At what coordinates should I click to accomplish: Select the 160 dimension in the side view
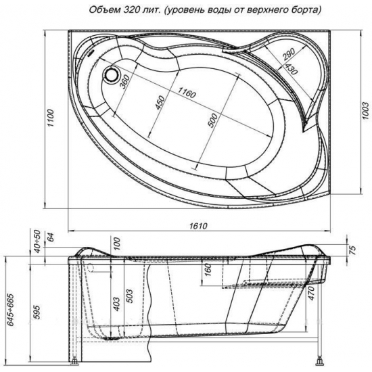[209, 271]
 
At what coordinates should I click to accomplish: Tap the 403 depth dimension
[117, 297]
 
